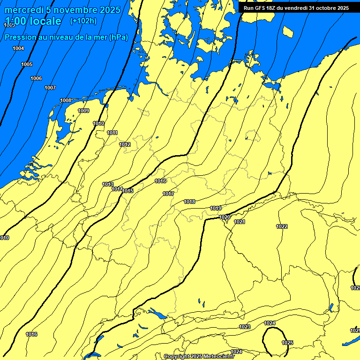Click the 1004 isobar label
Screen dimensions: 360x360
point(18,48)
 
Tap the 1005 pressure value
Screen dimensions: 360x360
point(27,64)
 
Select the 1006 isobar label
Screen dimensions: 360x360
point(36,78)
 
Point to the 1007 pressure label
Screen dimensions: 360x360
point(50,88)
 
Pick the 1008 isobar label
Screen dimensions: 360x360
point(66,100)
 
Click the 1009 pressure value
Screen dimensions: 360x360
point(83,111)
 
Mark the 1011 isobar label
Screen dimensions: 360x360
point(112,133)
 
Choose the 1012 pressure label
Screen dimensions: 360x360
point(125,144)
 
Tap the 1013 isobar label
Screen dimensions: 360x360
point(108,184)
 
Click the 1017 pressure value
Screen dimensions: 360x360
point(168,194)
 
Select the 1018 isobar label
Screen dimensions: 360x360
point(189,202)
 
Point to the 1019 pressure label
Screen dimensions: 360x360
point(216,208)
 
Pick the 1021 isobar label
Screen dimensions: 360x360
point(240,222)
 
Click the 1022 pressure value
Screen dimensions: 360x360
point(282,226)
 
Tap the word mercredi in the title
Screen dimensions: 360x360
point(24,10)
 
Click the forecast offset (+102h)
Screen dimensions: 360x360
point(83,21)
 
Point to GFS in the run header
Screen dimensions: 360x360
point(259,8)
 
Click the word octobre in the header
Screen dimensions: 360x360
point(324,8)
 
